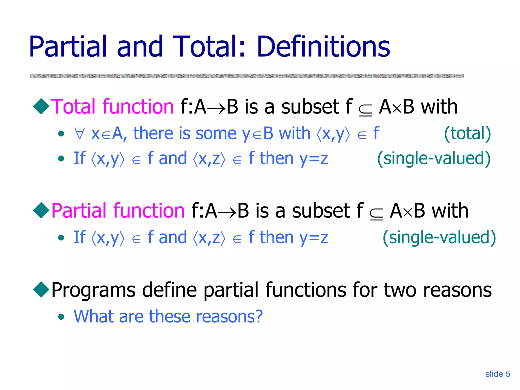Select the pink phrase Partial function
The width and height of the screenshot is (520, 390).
[x=118, y=210]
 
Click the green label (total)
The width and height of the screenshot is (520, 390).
[x=467, y=133]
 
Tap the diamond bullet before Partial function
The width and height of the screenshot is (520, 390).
[x=41, y=210]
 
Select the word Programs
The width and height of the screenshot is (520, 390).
[x=93, y=290]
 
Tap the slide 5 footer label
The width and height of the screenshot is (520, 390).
[x=497, y=374]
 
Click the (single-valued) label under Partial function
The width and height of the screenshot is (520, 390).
[x=439, y=237]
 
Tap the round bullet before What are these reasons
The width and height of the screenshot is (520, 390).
[x=61, y=317]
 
